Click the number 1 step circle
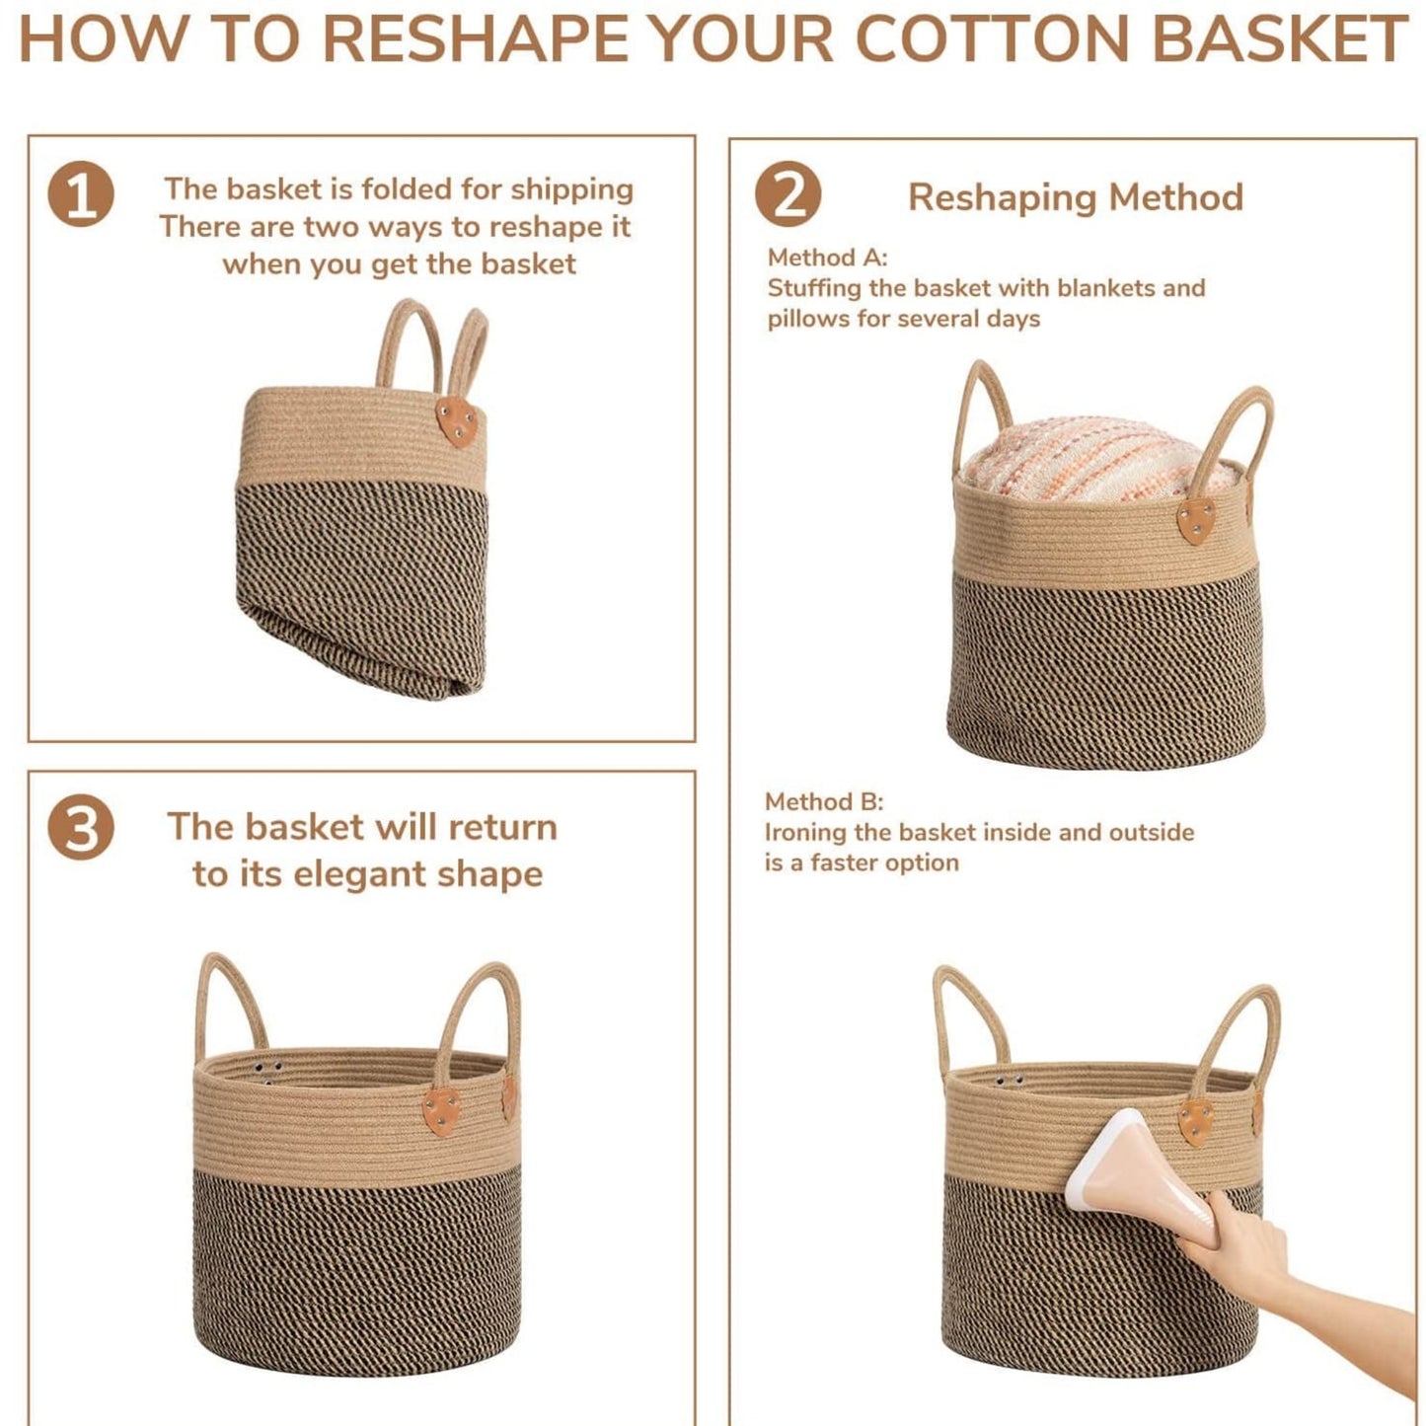tap(81, 193)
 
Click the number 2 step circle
tap(788, 193)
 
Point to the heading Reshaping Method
tap(1076, 197)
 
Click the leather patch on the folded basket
tap(456, 421)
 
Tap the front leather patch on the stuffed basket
tap(1196, 519)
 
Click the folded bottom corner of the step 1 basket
tap(444, 681)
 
